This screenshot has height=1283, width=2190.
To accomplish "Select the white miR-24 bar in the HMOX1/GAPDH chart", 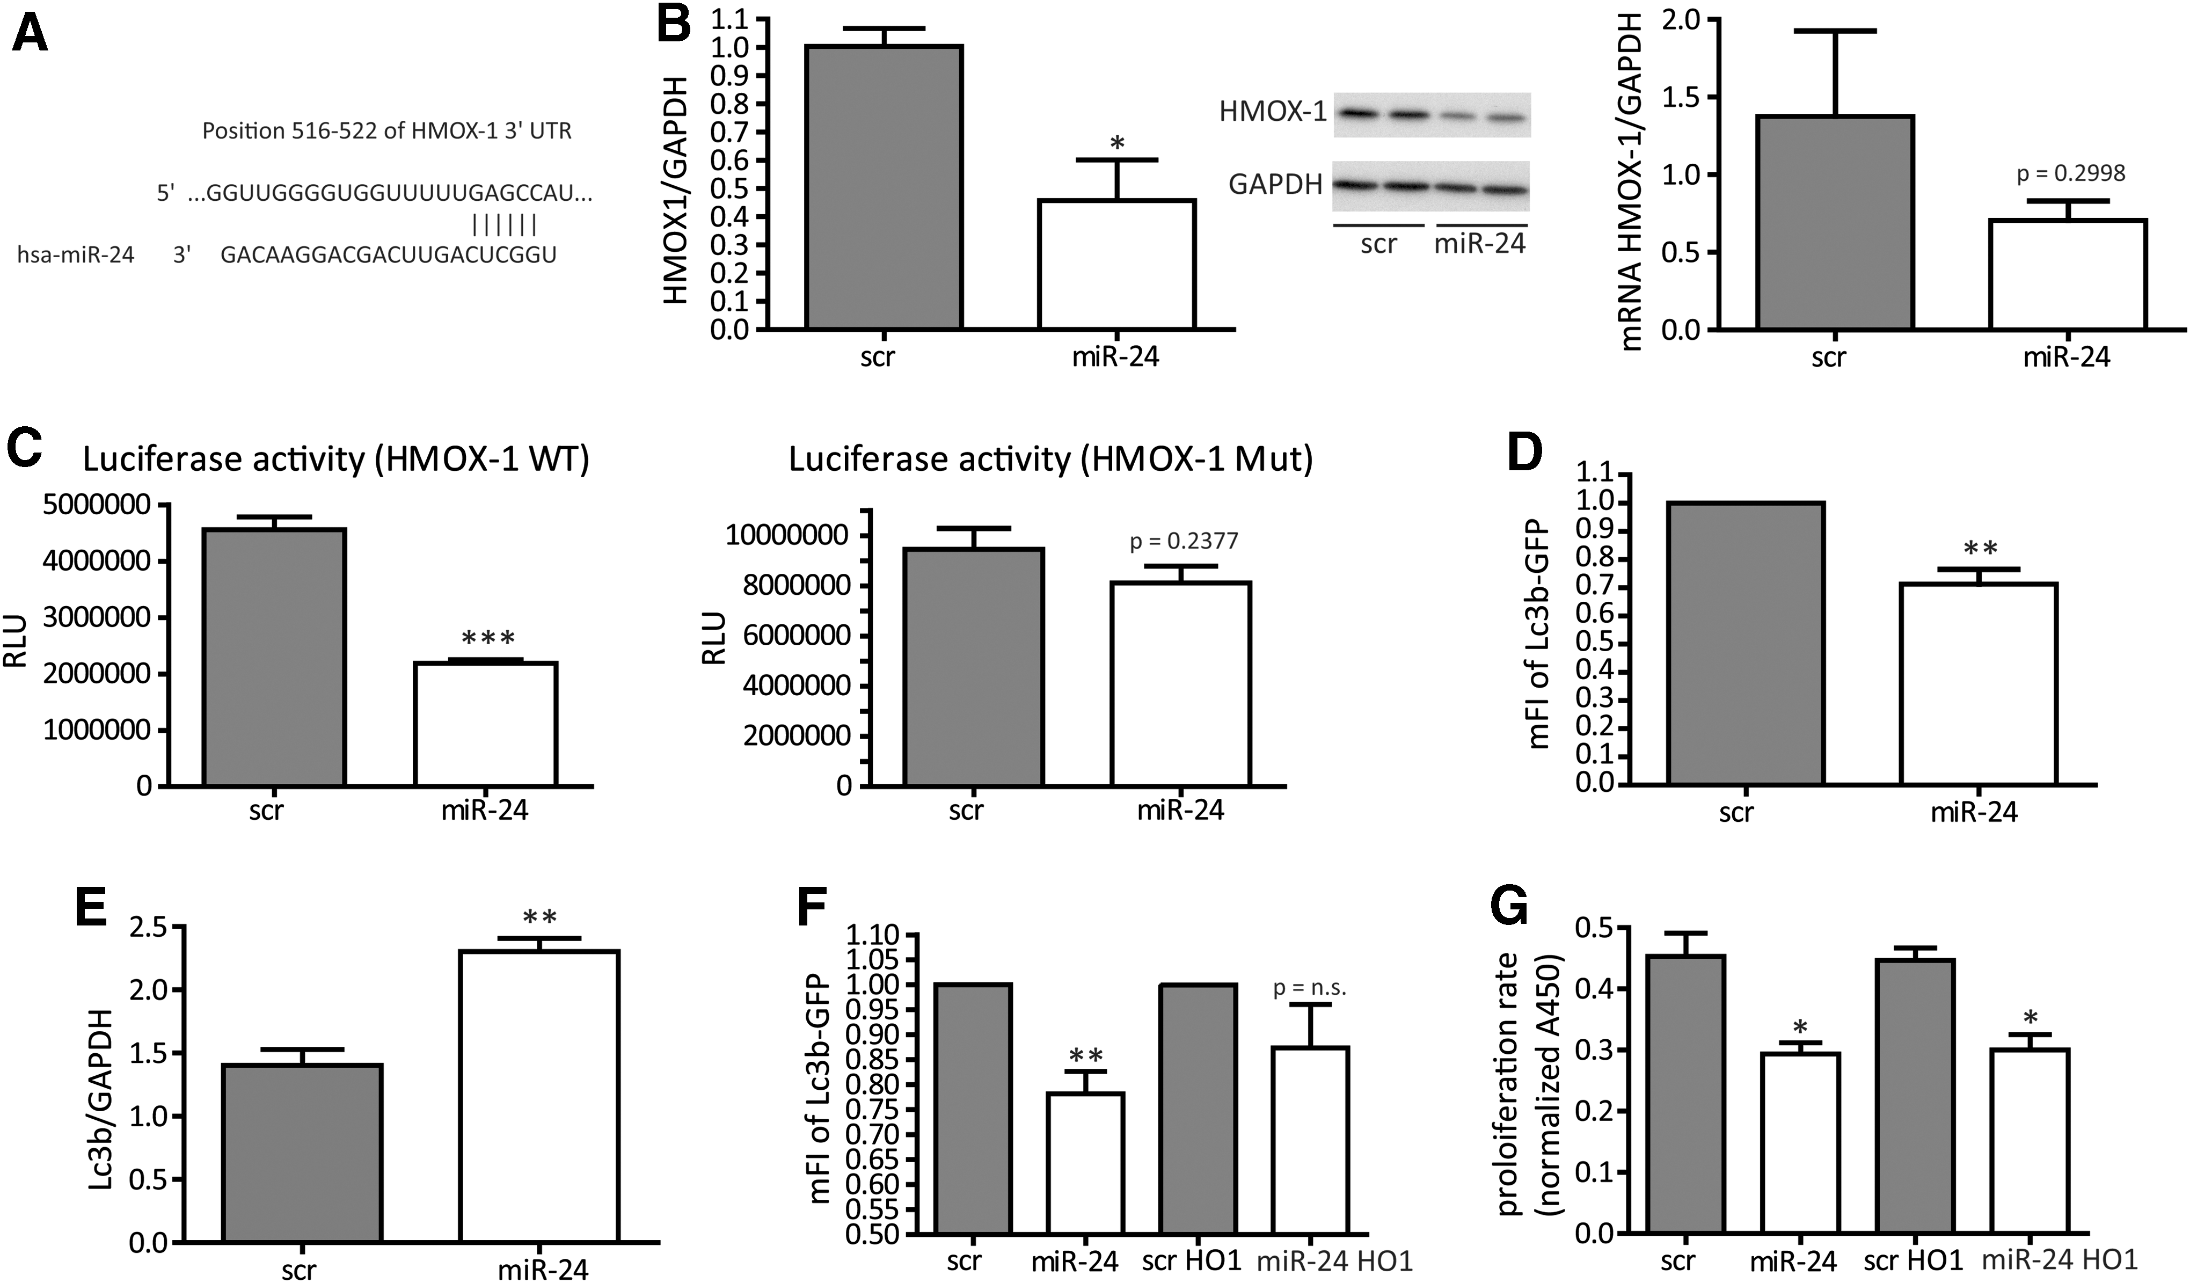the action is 1116,264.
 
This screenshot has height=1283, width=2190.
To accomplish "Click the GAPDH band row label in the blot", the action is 1275,184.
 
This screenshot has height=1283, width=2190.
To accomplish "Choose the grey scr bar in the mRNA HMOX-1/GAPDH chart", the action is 1835,223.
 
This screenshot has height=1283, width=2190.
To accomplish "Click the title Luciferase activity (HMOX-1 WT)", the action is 337,459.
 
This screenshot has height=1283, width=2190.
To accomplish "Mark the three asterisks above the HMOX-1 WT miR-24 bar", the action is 488,639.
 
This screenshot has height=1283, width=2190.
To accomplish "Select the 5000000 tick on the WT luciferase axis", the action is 96,505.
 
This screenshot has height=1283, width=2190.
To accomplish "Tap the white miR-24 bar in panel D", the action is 1978,684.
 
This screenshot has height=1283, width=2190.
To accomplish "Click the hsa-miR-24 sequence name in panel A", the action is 76,254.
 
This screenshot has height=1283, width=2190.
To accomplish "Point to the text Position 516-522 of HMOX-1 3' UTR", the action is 386,132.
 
